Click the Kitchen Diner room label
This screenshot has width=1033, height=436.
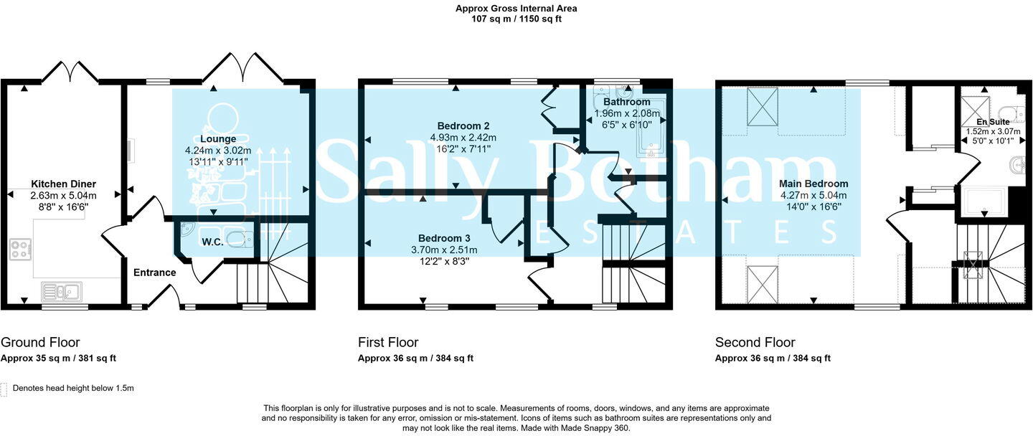click(x=63, y=184)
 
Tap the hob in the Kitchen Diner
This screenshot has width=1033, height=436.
click(x=20, y=250)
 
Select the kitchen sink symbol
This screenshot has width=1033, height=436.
click(x=62, y=291)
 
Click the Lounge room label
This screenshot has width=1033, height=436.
click(x=218, y=139)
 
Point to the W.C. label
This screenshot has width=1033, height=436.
click(x=213, y=242)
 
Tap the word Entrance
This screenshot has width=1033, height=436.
click(x=154, y=272)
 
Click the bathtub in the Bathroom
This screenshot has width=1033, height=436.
click(x=651, y=129)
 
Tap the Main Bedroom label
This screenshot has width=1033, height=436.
click(x=813, y=184)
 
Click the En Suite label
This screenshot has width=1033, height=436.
click(x=992, y=122)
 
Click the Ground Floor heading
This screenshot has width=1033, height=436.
click(x=40, y=343)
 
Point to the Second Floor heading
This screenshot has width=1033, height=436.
click(x=755, y=343)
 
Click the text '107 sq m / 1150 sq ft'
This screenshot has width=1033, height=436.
click(x=516, y=19)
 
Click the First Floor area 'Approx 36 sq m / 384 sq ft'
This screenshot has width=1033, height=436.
click(x=415, y=359)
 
